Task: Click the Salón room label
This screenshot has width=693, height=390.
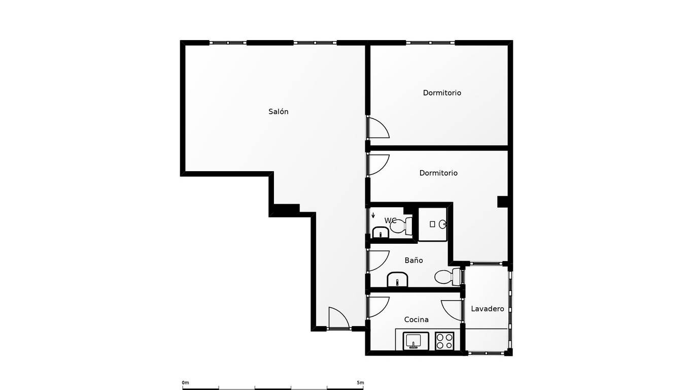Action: [x=278, y=112]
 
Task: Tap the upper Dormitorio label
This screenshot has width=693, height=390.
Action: [x=442, y=92]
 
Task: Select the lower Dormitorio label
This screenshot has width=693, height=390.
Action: [x=438, y=173]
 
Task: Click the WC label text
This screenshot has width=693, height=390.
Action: [x=390, y=220]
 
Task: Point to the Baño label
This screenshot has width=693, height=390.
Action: [x=413, y=260]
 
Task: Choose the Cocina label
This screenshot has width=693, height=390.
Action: [x=416, y=319]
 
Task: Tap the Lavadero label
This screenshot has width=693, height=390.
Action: [x=487, y=309]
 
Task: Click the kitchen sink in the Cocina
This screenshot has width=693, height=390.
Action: [x=416, y=341]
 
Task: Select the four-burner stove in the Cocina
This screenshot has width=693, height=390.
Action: [x=444, y=341]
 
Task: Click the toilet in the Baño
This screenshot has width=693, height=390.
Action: [x=447, y=277]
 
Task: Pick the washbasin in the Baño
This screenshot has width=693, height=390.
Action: [x=397, y=279]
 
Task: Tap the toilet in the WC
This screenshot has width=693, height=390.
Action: [x=401, y=226]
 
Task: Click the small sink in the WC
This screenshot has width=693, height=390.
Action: [x=380, y=232]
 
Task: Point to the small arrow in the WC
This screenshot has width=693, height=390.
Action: [x=373, y=215]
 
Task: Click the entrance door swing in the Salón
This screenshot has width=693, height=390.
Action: [x=339, y=317]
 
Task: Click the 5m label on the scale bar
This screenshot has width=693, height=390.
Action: [x=360, y=383]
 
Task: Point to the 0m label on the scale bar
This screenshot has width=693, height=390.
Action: [x=185, y=383]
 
